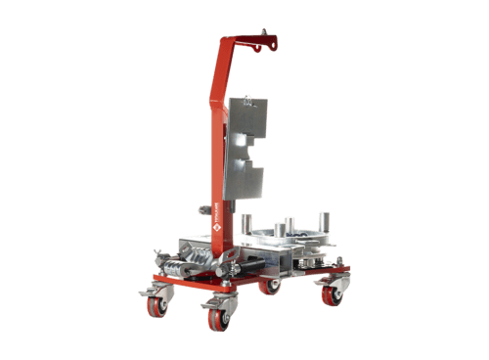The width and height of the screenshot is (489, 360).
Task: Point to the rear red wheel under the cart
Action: [x=273, y=287]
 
